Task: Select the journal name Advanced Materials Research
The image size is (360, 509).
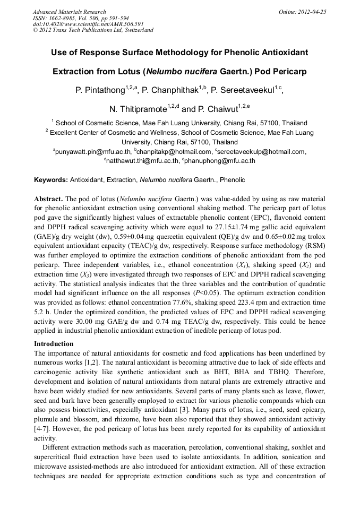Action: pos(70,12)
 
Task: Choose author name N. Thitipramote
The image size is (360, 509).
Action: pos(138,109)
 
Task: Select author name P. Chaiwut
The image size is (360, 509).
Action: pos(214,109)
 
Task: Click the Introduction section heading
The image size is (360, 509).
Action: pos(54,343)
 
